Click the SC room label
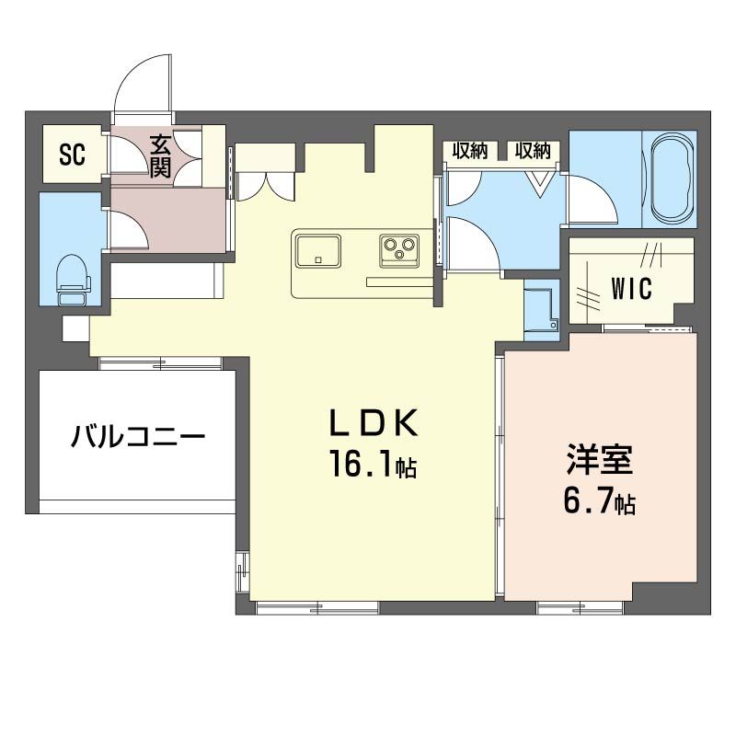73,155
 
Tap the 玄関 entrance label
161,155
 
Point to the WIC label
631,288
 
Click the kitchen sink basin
318,248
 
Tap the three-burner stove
399,248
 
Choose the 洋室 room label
599,460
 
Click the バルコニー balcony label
137,436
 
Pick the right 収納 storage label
532,151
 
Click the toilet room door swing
130,229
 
